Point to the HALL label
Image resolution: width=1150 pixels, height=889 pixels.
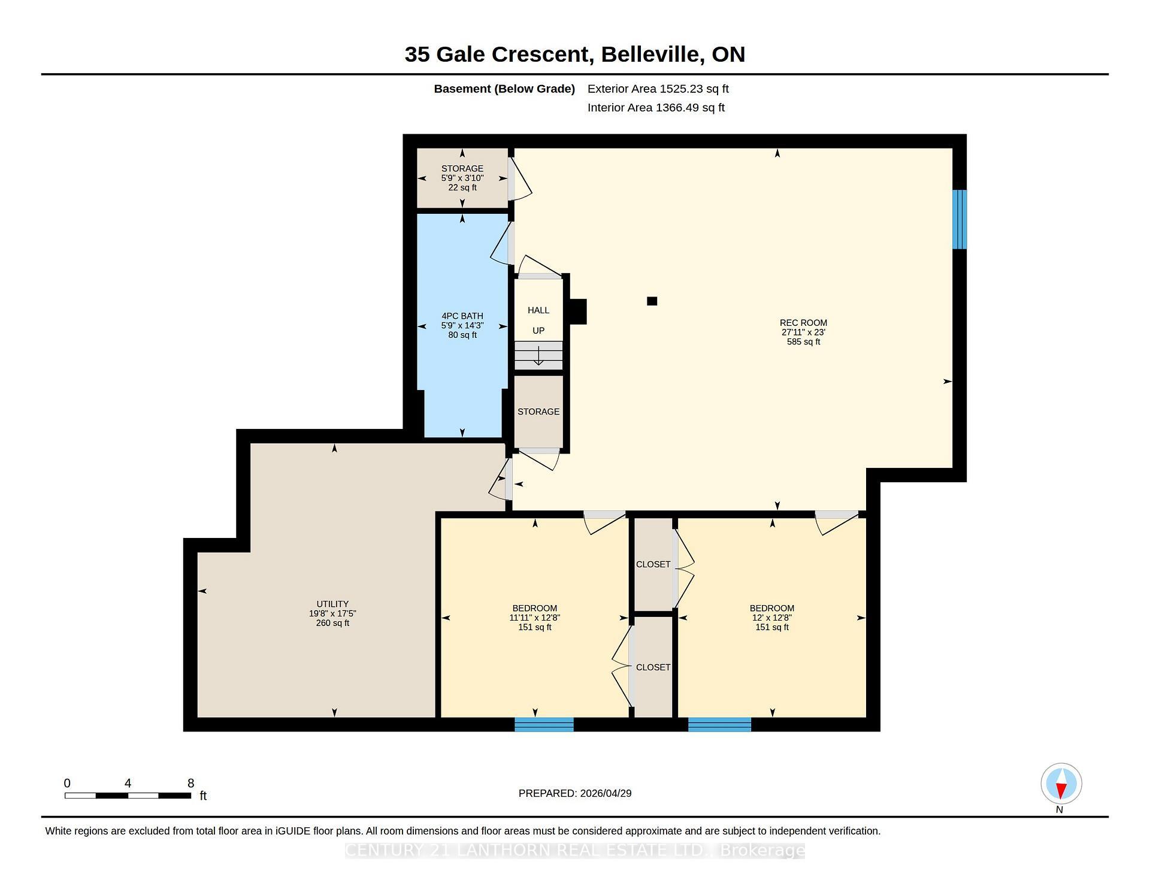click(x=538, y=310)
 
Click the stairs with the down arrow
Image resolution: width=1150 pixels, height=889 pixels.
click(x=538, y=355)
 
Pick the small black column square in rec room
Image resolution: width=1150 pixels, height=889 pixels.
click(x=652, y=301)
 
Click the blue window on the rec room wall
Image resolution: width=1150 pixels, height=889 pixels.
click(x=960, y=219)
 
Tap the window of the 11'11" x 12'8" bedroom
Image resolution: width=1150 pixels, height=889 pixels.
click(x=544, y=725)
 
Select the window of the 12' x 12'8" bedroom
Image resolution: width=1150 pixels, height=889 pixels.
click(x=719, y=725)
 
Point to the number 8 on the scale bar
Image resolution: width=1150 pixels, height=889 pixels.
click(x=191, y=783)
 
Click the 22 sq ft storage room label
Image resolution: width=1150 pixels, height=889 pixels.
click(x=462, y=178)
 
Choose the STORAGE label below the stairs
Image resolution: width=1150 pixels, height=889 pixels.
click(x=538, y=412)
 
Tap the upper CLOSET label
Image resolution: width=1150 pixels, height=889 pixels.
click(x=653, y=564)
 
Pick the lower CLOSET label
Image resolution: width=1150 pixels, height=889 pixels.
click(x=653, y=667)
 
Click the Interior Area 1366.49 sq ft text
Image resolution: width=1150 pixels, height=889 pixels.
click(x=656, y=108)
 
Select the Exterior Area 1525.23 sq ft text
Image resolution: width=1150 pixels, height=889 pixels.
click(x=658, y=89)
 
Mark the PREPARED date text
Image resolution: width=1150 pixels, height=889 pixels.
click(x=575, y=793)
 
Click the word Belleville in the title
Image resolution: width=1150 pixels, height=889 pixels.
click(x=652, y=55)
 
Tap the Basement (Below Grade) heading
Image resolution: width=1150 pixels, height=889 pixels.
click(x=504, y=89)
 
